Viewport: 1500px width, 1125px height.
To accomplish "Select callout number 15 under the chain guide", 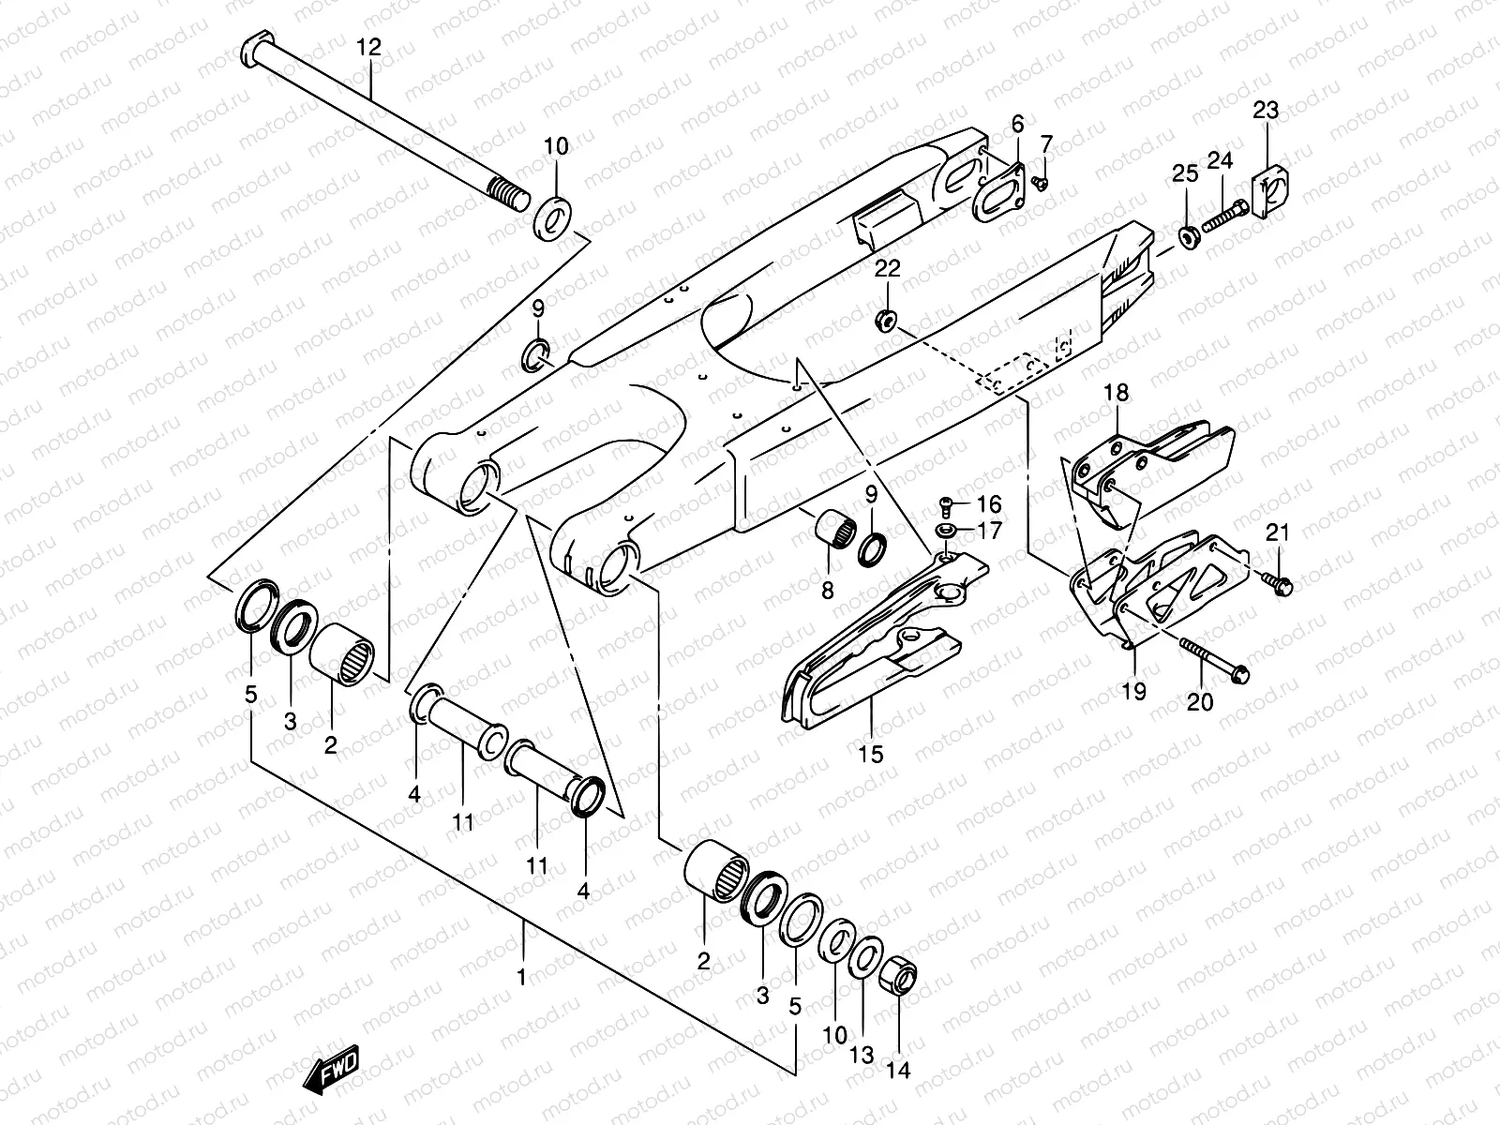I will [871, 754].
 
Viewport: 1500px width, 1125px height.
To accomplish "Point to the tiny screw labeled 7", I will [1039, 181].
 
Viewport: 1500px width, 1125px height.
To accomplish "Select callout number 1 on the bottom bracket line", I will [521, 977].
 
